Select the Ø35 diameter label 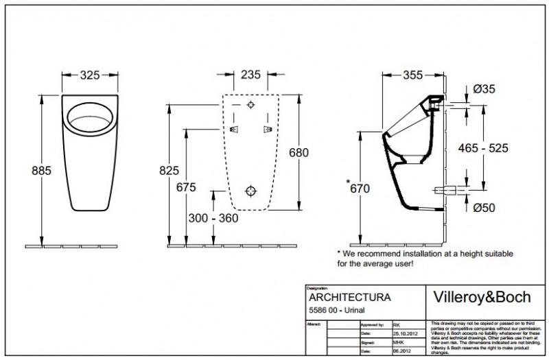click(x=484, y=88)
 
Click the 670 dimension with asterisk click(x=361, y=187)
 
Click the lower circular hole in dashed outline click(x=250, y=191)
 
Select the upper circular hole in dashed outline click(x=250, y=106)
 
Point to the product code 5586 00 click(x=324, y=312)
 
